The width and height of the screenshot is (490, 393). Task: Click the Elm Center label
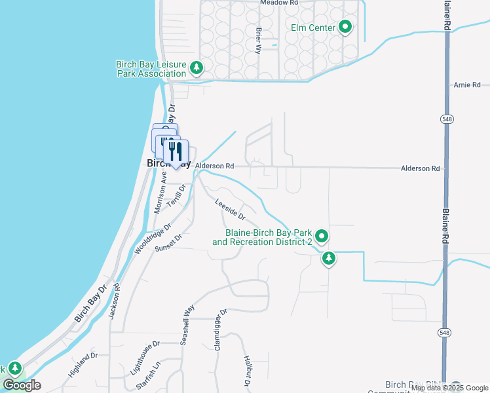click(x=313, y=28)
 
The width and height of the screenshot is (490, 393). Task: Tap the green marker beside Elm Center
click(x=345, y=28)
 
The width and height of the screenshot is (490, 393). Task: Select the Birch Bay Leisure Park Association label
click(x=151, y=69)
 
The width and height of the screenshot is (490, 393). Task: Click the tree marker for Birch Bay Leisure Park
click(x=196, y=67)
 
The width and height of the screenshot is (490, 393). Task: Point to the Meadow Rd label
click(x=278, y=3)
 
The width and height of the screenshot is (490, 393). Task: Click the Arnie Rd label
click(x=467, y=85)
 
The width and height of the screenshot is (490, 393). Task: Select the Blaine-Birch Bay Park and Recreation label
click(x=268, y=237)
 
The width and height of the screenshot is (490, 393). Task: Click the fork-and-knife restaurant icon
click(x=176, y=152)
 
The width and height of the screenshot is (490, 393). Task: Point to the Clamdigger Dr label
click(x=219, y=329)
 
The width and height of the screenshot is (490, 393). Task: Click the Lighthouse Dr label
click(x=145, y=356)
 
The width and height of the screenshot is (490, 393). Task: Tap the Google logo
click(x=22, y=385)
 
